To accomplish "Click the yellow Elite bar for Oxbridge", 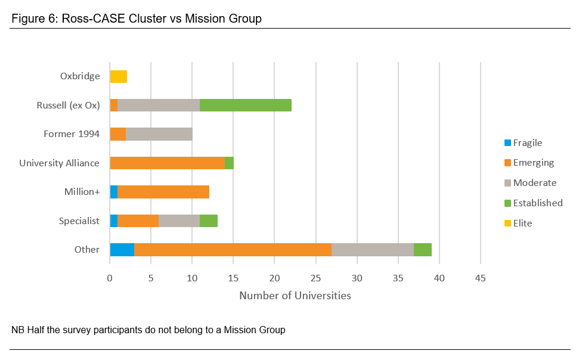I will coord(118,76).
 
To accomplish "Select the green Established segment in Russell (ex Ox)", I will coord(246,105).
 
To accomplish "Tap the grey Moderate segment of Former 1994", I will coord(159,134).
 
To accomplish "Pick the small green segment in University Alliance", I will coord(230,163).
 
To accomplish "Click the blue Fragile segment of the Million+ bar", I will coord(114,192).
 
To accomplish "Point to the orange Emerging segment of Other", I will coord(233,250).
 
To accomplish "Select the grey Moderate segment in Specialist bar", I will coord(179,221).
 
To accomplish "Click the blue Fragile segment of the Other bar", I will coord(122,250).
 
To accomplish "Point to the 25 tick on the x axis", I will coord(315,278).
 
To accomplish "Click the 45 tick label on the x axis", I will coord(480,278).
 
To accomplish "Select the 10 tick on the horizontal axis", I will coord(192,278).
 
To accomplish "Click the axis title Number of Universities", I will coord(295,296).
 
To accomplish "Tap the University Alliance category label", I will coord(59,163).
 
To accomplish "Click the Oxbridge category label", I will coord(80,76).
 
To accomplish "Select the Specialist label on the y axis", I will coord(79,221).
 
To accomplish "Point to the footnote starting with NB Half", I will coord(148,330).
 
